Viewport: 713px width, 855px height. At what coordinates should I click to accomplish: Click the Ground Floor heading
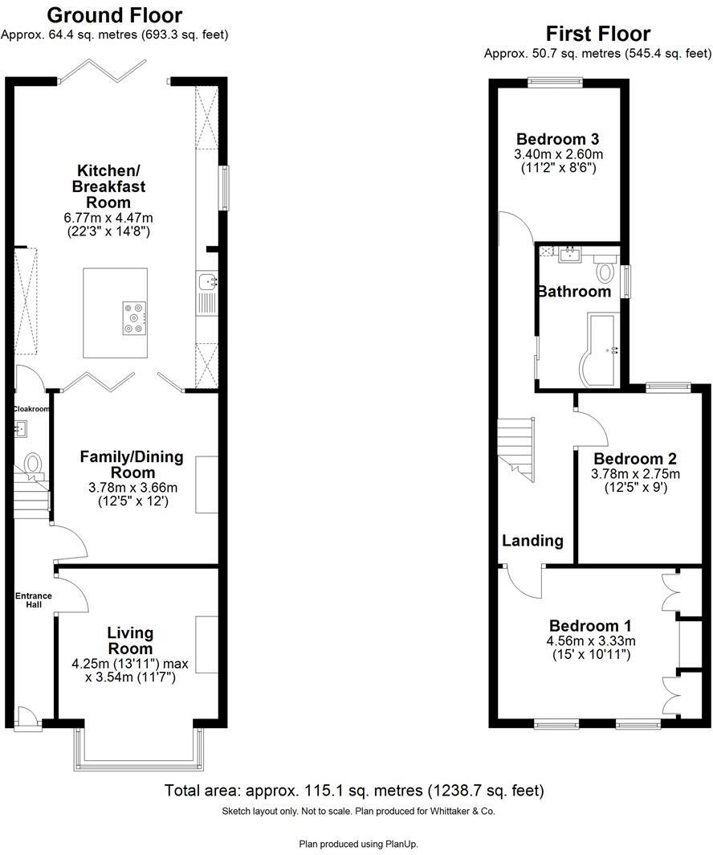[x=115, y=15]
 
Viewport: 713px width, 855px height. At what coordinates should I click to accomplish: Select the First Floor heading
[x=597, y=34]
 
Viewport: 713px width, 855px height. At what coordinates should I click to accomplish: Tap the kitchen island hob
[x=134, y=317]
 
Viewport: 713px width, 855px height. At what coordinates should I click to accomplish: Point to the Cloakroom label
[x=31, y=409]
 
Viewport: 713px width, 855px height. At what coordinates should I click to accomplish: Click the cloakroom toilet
[x=34, y=464]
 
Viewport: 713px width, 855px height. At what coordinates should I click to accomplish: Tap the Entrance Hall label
[x=34, y=599]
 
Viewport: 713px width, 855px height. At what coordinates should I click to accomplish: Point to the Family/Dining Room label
[x=131, y=464]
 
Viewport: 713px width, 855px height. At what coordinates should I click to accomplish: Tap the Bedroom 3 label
[x=558, y=138]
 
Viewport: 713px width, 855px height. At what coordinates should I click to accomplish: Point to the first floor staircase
[x=515, y=450]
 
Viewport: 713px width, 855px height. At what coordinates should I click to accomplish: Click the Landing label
[x=532, y=541]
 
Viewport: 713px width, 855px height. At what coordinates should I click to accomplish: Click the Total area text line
[x=354, y=790]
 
